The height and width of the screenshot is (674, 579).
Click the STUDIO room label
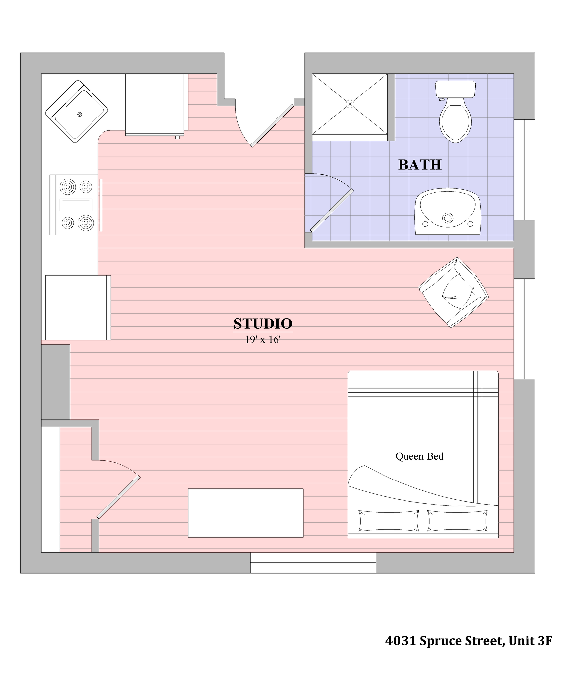point(263,324)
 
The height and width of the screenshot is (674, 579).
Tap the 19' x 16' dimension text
point(262,339)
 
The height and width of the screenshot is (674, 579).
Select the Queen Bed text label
point(419,456)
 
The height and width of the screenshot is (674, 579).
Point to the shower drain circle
point(350,104)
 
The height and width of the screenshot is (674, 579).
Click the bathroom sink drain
point(448,218)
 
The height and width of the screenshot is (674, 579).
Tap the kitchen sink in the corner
point(76,111)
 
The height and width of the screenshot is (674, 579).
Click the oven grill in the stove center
point(76,205)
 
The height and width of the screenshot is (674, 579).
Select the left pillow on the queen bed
point(388,521)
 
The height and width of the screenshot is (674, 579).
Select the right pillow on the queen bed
point(457,521)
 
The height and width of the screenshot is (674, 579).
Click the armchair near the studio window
point(454,292)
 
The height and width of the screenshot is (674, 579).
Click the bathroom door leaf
point(332,210)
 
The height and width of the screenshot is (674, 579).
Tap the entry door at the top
point(272,125)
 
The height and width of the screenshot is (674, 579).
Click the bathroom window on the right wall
point(524,169)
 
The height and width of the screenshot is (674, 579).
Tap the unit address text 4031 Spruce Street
point(468,640)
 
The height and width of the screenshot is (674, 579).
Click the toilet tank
point(455,89)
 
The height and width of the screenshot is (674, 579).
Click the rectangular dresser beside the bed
point(246,513)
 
